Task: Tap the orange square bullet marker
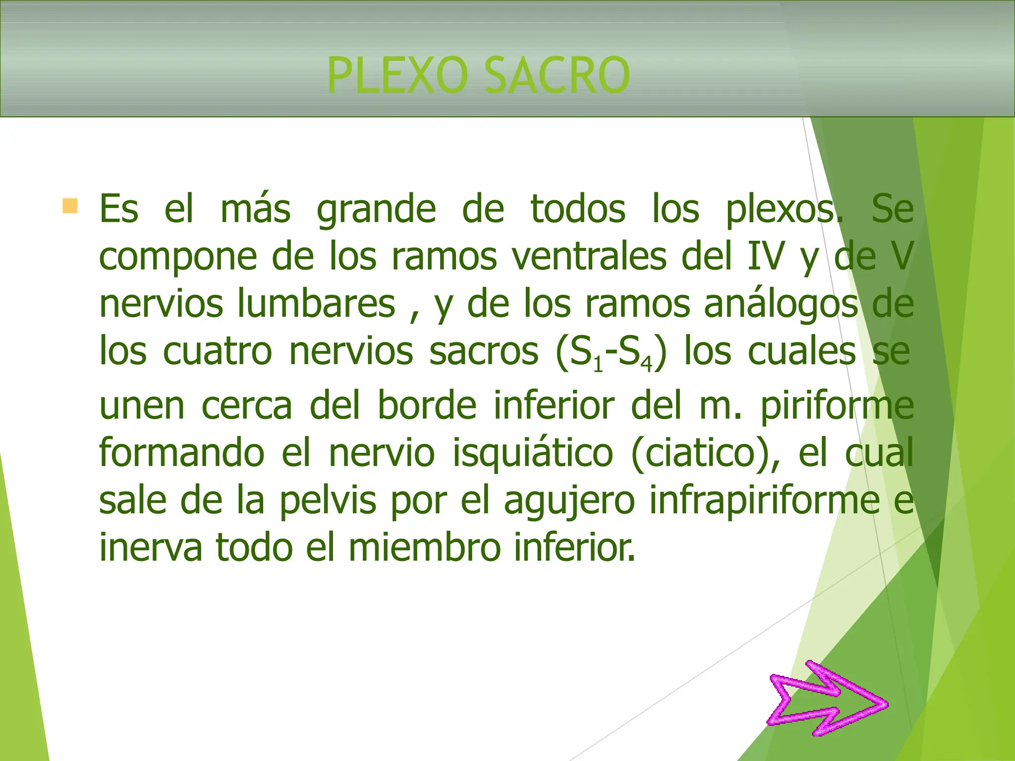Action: point(70,206)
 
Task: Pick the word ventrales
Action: point(589,257)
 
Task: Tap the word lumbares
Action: point(316,304)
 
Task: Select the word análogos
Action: point(781,304)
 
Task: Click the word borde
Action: point(427,405)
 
